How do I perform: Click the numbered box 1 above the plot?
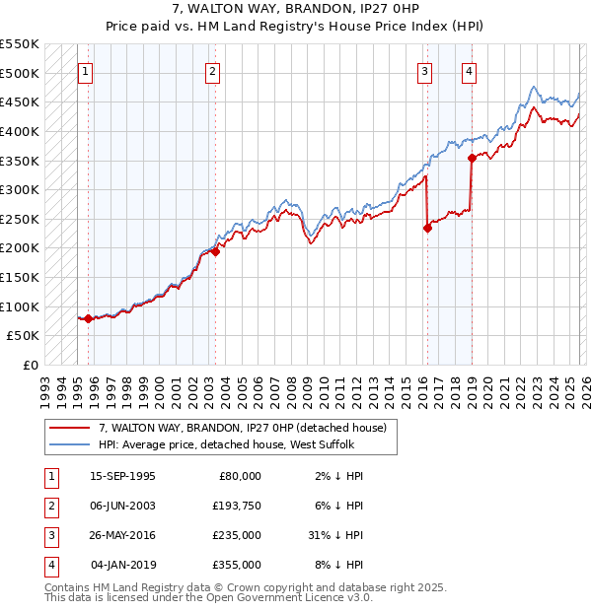(x=85, y=71)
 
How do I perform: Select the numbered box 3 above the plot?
(x=424, y=71)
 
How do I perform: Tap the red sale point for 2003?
(x=215, y=251)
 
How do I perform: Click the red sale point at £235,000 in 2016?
(x=427, y=228)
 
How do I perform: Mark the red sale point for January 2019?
(x=472, y=158)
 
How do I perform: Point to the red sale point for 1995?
(x=89, y=318)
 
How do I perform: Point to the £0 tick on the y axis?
(x=31, y=365)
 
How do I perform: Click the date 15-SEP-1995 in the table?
(x=122, y=476)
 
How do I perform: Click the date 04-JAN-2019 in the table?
(x=122, y=565)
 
